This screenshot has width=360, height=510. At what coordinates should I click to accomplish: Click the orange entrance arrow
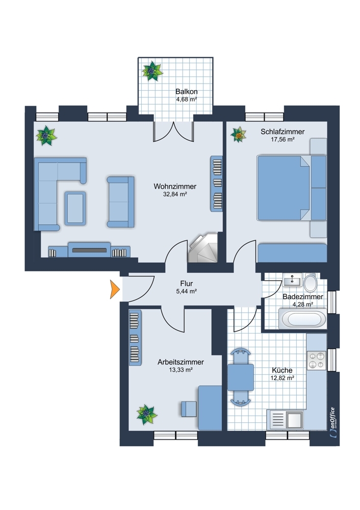pos(115,290)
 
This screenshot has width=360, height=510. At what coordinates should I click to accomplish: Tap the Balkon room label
pos(186,92)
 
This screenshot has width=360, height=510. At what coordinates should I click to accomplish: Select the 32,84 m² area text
pos(175,194)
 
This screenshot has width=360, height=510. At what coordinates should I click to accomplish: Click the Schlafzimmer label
pos(282,132)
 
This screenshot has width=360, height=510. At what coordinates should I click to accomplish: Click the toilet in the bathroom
pos(310,282)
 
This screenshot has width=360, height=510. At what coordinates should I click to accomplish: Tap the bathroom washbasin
pos(292,279)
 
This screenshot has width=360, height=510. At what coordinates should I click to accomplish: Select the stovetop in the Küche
pos(316,361)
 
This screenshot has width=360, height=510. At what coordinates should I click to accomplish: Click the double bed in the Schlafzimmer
pos(284,188)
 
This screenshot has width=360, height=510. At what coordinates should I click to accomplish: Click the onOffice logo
pos(332,423)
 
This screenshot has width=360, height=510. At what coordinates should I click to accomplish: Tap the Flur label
pos(186,284)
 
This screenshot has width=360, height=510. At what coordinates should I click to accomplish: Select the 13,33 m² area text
pos(181,370)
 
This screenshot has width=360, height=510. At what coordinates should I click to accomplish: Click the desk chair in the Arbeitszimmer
pos(189,409)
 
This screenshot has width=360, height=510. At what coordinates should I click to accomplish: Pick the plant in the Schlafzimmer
pos(238,135)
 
